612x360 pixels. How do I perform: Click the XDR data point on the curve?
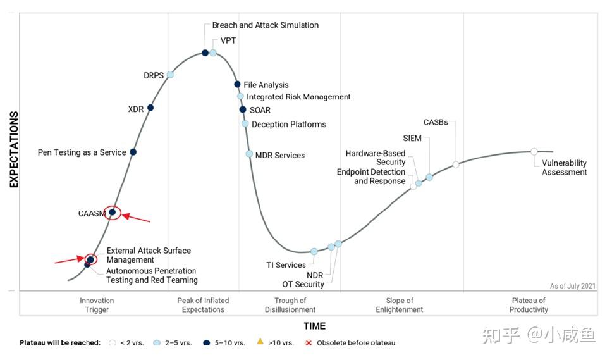[150, 108]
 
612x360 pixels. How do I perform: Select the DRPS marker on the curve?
[170, 75]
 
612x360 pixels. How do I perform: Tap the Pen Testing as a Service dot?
[133, 152]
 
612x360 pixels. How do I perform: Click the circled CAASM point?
[113, 213]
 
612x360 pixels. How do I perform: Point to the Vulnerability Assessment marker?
[534, 151]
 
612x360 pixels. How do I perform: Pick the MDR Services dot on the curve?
[249, 154]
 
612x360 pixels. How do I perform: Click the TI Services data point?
[314, 252]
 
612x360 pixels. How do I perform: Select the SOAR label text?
[260, 110]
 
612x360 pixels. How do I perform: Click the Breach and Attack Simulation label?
[266, 25]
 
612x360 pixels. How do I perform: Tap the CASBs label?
[436, 122]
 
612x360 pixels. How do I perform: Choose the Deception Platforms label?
[289, 125]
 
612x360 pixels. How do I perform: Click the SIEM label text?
[413, 138]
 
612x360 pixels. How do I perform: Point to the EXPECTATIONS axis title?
[14, 149]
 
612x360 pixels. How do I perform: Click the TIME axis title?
[314, 326]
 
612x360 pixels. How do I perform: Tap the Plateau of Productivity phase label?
[529, 305]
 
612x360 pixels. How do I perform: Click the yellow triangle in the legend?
[260, 342]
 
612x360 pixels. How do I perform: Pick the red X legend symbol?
[309, 343]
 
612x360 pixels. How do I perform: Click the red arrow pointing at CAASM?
[136, 219]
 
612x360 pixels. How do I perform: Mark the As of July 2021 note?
[572, 286]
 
